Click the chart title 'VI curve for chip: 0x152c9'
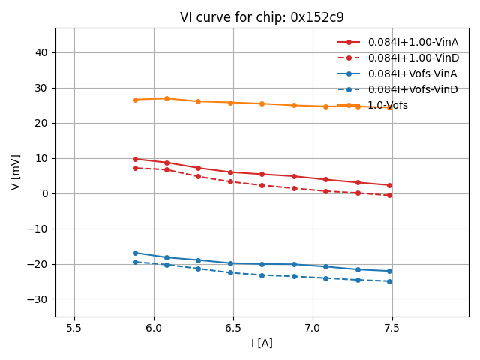pos(262,17)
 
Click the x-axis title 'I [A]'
pos(262,343)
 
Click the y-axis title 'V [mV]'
pos(16,172)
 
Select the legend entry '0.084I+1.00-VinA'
pos(412,42)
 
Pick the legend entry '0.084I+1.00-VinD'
pos(412,58)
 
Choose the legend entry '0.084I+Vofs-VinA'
pos(412,73)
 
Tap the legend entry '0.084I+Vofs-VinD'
pos(412,89)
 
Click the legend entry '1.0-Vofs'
pos(388,105)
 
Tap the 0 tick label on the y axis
pos(44,193)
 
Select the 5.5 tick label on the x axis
pos(74,328)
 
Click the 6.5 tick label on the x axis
pos(233,328)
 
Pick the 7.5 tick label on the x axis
pos(392,328)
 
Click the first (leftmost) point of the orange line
pos(135,100)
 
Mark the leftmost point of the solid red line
pos(135,159)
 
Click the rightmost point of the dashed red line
pos(389,195)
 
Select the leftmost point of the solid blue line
pos(135,253)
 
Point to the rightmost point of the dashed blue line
pos(389,281)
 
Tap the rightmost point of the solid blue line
pos(389,271)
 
